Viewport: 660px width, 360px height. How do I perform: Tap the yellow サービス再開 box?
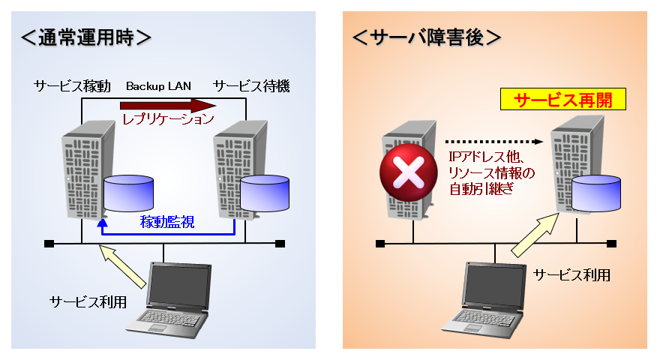coord(563,100)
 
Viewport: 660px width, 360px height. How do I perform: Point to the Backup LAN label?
coord(159,86)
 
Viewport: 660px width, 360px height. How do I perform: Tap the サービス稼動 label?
coord(72,86)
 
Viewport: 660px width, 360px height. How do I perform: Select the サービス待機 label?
coord(251,86)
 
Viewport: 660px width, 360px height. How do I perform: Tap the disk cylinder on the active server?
coord(128,194)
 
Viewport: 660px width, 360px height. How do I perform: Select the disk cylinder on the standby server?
coord(265,194)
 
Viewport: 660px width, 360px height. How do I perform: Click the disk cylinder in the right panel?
coord(596,193)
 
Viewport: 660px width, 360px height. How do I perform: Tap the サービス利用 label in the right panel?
coord(571,275)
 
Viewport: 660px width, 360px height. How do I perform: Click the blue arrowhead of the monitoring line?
coord(102,223)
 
